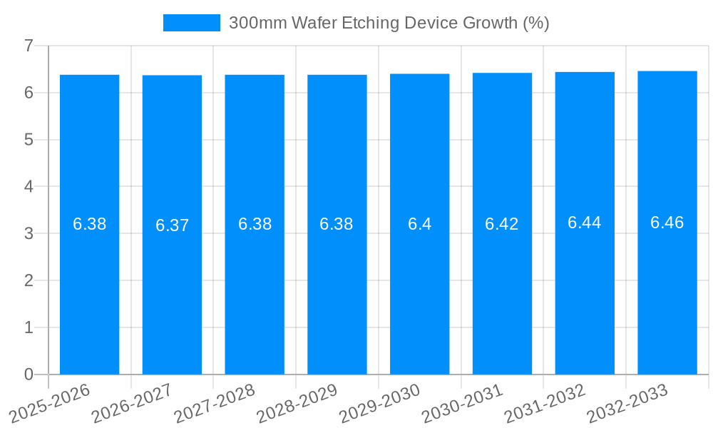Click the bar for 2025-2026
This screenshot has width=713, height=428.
click(89, 300)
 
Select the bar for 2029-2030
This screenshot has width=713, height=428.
click(419, 300)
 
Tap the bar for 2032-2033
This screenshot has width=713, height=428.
click(667, 300)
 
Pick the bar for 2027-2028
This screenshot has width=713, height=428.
click(255, 300)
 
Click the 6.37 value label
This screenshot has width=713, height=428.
click(172, 225)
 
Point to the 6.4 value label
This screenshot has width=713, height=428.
click(419, 224)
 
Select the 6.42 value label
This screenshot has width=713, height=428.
click(502, 224)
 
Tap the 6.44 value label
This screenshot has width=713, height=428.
click(584, 223)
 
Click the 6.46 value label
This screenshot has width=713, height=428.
click(667, 223)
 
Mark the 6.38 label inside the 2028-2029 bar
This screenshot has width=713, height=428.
click(337, 224)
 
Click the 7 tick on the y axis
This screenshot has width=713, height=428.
click(29, 46)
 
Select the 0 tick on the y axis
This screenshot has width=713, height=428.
click(29, 374)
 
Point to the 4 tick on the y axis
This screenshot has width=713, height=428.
click(29, 187)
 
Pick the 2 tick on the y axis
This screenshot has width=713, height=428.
click(29, 280)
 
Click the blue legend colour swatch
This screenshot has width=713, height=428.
click(191, 23)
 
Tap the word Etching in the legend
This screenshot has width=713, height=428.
click(371, 23)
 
